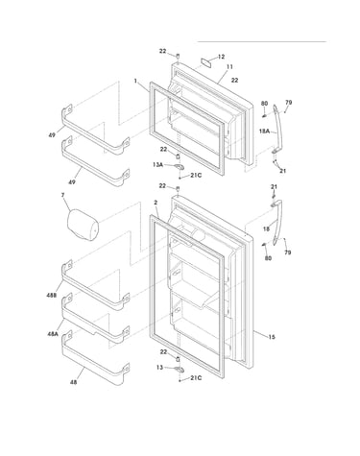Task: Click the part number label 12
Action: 221,57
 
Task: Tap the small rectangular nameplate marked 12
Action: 207,62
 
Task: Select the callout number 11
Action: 229,67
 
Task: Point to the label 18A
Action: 265,131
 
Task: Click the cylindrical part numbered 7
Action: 83,225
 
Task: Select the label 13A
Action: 157,165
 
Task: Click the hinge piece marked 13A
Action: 179,167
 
